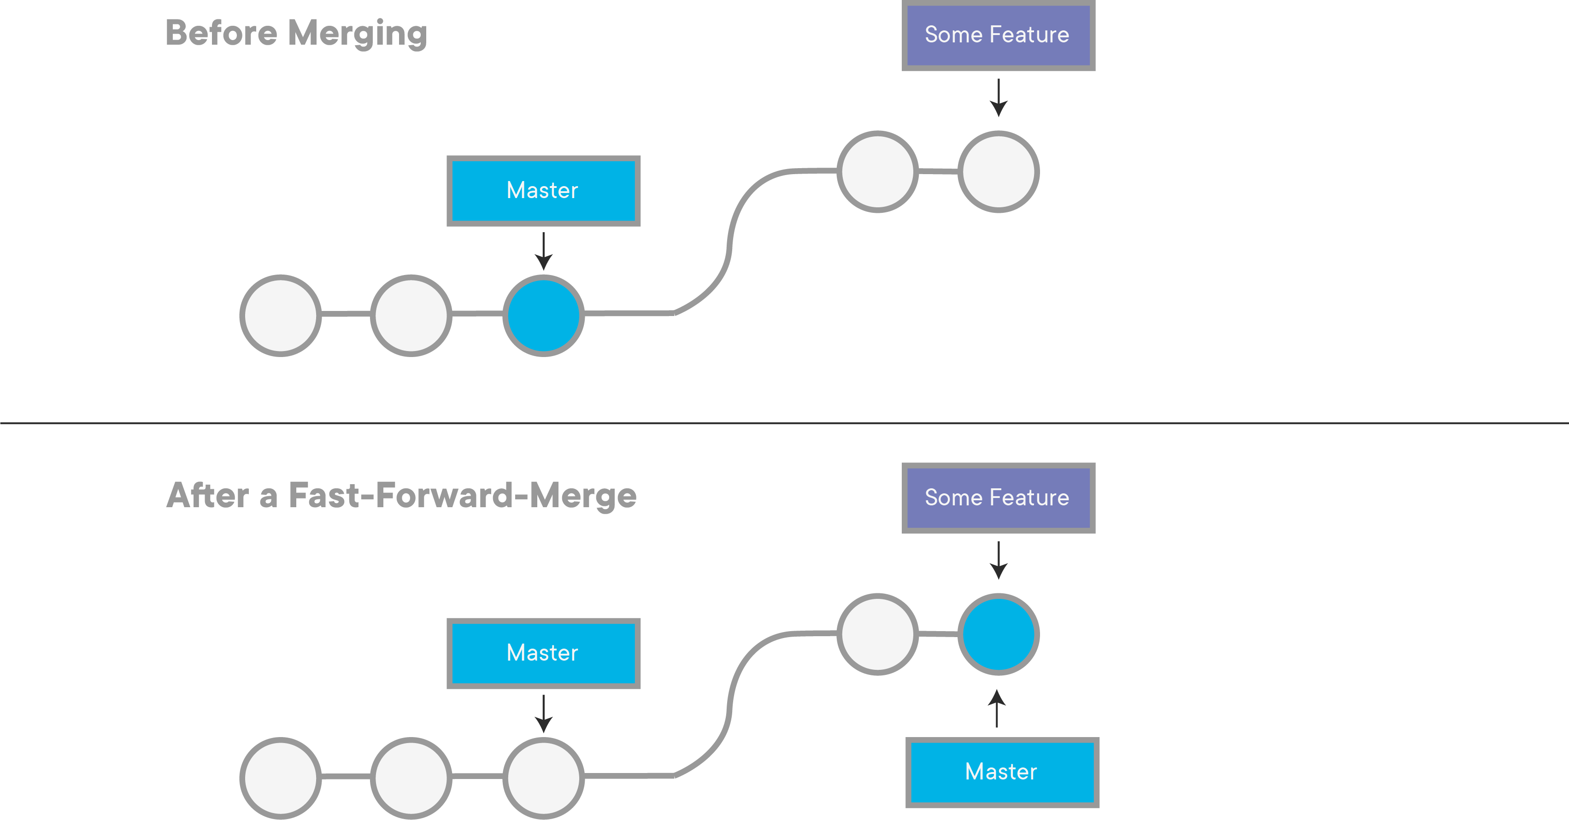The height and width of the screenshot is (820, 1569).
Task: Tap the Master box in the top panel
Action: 543,191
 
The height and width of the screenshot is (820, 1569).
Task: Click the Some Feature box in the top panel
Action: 998,35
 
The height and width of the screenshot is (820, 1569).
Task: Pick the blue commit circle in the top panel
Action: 543,316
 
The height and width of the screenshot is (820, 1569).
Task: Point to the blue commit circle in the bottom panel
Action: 998,634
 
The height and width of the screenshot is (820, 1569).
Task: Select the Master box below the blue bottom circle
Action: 1002,772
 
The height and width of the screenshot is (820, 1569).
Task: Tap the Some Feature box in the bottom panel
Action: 998,498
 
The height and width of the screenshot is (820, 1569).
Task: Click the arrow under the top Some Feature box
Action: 998,97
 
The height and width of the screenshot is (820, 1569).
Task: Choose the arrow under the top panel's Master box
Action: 543,251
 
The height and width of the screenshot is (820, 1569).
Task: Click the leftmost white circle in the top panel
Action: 280,316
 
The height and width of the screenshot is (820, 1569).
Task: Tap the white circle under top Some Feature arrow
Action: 998,172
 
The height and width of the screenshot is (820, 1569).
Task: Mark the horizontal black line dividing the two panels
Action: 784,422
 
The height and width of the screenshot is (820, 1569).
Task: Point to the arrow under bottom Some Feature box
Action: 998,560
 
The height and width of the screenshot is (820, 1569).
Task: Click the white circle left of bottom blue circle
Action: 877,634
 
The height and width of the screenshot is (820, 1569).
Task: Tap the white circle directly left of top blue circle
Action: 411,316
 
